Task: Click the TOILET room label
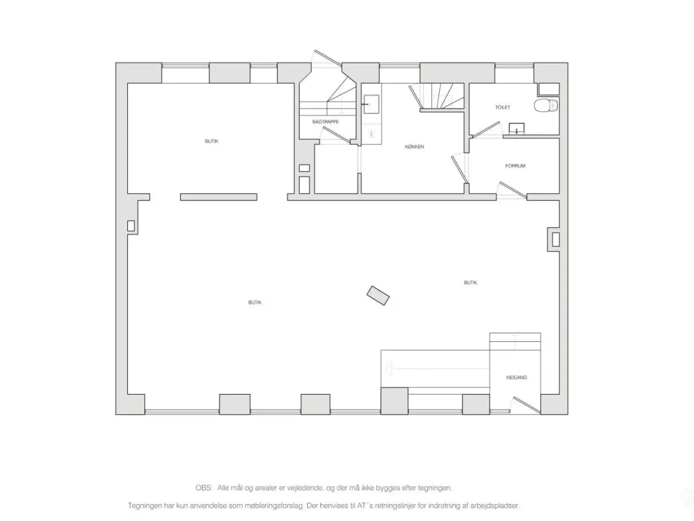pyautogui.click(x=503, y=107)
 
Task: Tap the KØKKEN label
pyautogui.click(x=414, y=147)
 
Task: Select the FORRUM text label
pyautogui.click(x=515, y=166)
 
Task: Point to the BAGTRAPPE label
pyautogui.click(x=325, y=122)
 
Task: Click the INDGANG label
pyautogui.click(x=516, y=377)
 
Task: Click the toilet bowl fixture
pyautogui.click(x=546, y=105)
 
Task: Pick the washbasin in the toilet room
pyautogui.click(x=516, y=129)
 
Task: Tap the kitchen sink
pyautogui.click(x=371, y=104)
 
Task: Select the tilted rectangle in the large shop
pyautogui.click(x=378, y=295)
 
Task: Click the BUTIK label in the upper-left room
pyautogui.click(x=211, y=141)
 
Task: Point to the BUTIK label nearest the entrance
pyautogui.click(x=471, y=283)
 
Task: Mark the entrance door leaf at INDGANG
pyautogui.click(x=527, y=405)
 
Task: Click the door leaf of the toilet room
pyautogui.click(x=486, y=130)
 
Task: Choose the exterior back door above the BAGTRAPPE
pyautogui.click(x=327, y=58)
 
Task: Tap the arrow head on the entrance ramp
pyautogui.click(x=389, y=369)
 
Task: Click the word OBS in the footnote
pyautogui.click(x=203, y=488)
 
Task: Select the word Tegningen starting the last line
pyautogui.click(x=144, y=506)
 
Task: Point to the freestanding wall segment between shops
pyautogui.click(x=219, y=197)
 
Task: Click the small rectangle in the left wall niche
pyautogui.click(x=131, y=226)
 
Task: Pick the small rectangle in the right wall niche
pyautogui.click(x=556, y=239)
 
